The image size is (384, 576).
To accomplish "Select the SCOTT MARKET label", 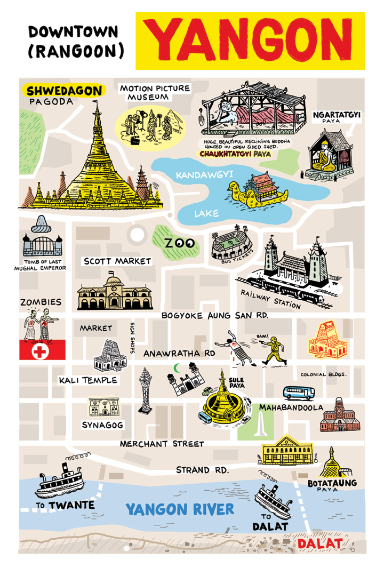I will pyautogui.click(x=117, y=261).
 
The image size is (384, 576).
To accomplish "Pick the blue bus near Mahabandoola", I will pyautogui.click(x=298, y=393).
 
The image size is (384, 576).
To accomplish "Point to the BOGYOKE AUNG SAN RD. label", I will pyautogui.click(x=215, y=316).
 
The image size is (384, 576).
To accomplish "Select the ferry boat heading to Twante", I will pyautogui.click(x=60, y=483).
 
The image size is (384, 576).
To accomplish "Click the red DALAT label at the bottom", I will pyautogui.click(x=319, y=543).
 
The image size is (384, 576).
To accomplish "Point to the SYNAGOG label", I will pyautogui.click(x=103, y=425).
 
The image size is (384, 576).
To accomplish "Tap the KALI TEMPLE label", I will pyautogui.click(x=89, y=380).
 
